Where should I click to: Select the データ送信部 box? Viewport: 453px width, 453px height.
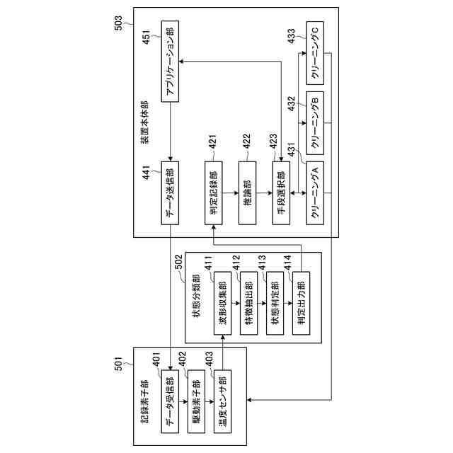coord(171,193)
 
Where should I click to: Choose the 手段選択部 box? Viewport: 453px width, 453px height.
coord(281,193)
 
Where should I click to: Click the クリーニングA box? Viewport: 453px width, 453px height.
coord(316,193)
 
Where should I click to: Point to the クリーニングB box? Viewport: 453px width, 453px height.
coord(316,121)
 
